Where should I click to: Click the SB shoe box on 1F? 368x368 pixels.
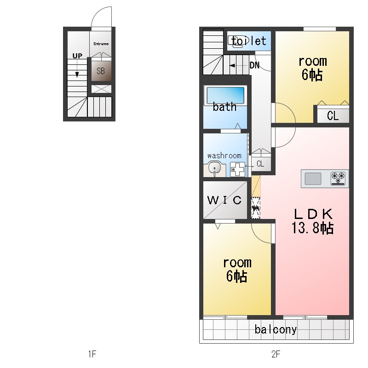101,71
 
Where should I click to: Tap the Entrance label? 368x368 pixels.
101,44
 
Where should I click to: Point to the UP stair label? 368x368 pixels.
77,56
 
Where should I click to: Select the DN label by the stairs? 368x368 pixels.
254,65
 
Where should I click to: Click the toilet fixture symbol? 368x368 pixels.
236,41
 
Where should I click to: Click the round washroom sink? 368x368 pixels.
214,168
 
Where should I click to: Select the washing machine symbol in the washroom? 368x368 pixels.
237,169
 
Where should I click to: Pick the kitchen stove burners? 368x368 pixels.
338,178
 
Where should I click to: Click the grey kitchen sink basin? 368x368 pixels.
313,178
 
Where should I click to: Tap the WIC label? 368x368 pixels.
224,200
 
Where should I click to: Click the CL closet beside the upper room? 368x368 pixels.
333,116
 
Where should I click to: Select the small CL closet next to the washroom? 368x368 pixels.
260,164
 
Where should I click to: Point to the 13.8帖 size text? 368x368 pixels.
312,228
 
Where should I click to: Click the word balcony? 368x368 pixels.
276,330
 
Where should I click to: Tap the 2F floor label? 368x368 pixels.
276,354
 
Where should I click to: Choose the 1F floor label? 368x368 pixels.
92,354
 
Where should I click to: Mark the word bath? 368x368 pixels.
224,107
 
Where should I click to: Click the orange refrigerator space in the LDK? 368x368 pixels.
256,186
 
